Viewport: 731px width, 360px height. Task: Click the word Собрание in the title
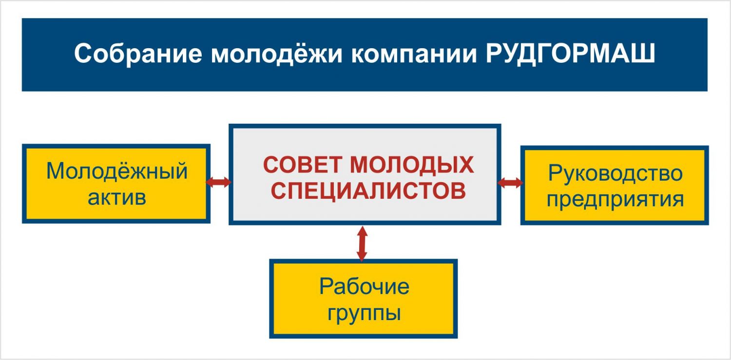138,54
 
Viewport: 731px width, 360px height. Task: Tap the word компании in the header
414,54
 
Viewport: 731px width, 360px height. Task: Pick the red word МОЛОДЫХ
412,165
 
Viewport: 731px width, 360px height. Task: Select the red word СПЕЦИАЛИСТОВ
368,190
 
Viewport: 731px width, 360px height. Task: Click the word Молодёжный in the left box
117,171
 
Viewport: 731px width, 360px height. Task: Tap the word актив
117,198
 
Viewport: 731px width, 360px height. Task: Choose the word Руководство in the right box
615,172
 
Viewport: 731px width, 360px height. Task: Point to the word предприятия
615,200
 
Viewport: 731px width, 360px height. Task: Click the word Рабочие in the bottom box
364,286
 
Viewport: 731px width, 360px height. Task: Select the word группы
364,313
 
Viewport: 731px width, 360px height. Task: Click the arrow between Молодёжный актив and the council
219,182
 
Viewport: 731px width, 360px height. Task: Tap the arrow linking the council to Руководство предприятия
510,183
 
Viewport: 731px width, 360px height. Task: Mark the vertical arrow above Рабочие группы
362,244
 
